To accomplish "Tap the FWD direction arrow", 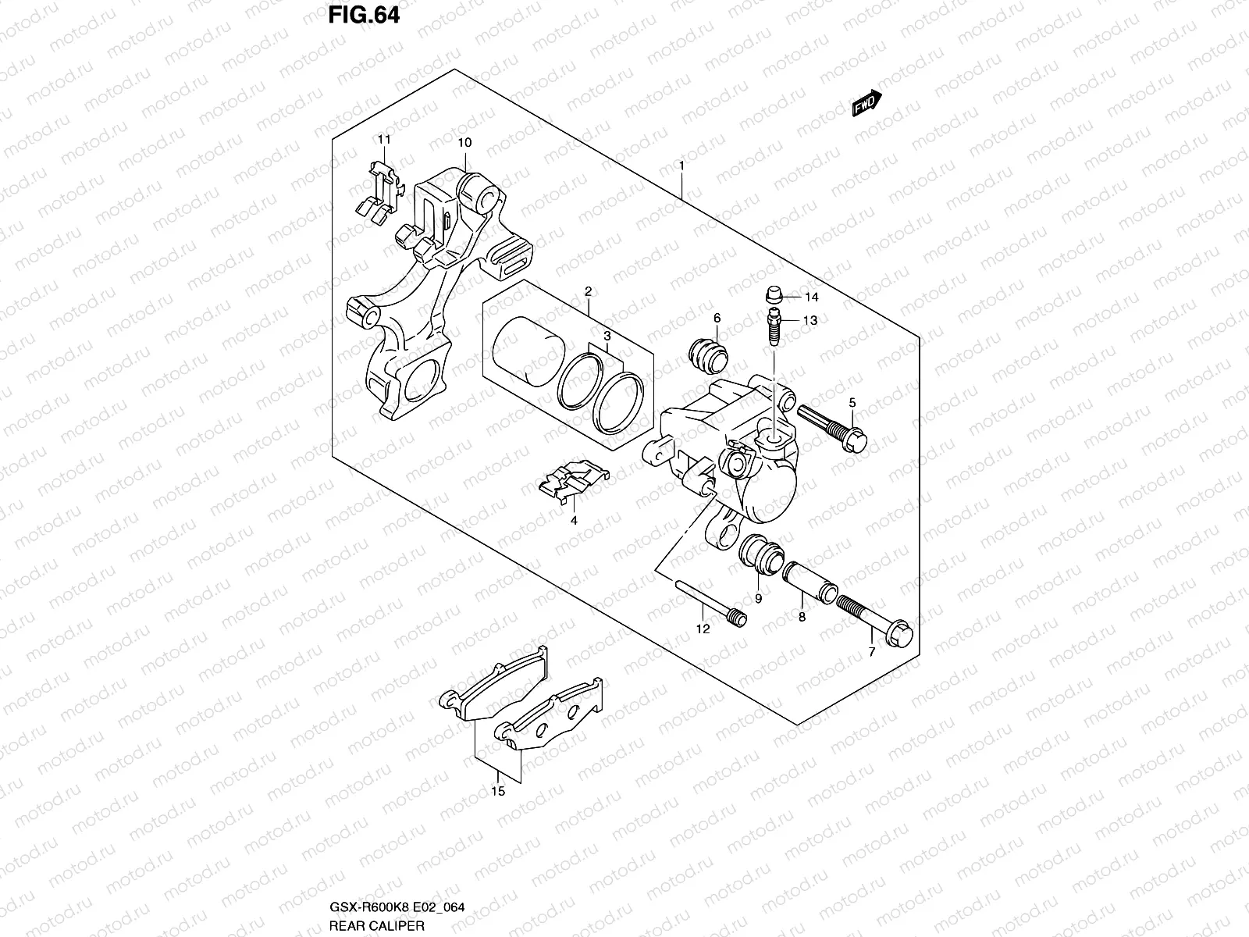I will pos(866,103).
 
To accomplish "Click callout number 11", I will pos(383,139).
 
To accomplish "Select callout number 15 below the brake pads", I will pos(498,792).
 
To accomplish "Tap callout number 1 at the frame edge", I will pos(681,166).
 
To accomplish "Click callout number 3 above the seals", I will pos(606,335).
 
